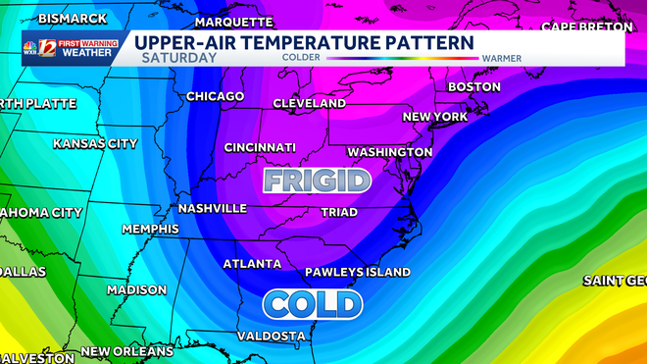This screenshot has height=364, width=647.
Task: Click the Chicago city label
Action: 215,96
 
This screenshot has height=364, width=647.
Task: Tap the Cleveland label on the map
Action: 309,103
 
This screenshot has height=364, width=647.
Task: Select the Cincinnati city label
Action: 260,147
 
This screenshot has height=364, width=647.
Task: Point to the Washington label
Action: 389,152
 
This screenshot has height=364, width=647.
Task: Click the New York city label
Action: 435,117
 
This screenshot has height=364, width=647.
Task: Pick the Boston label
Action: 473,86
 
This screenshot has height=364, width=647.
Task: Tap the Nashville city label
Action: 212,208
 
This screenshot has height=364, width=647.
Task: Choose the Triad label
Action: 338,212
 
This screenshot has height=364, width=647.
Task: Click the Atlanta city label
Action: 252,264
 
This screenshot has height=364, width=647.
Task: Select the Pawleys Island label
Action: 357,272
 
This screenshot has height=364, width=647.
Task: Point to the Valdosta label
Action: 271,337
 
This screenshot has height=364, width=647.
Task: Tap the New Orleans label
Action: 126,351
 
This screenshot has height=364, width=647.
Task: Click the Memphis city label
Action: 150,229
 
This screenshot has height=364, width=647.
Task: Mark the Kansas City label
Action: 95,143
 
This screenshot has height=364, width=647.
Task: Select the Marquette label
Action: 234,22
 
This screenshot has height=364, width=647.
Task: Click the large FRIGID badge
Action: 318,181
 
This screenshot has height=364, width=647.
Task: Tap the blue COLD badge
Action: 313,304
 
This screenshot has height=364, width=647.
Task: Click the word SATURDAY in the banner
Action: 179,58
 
